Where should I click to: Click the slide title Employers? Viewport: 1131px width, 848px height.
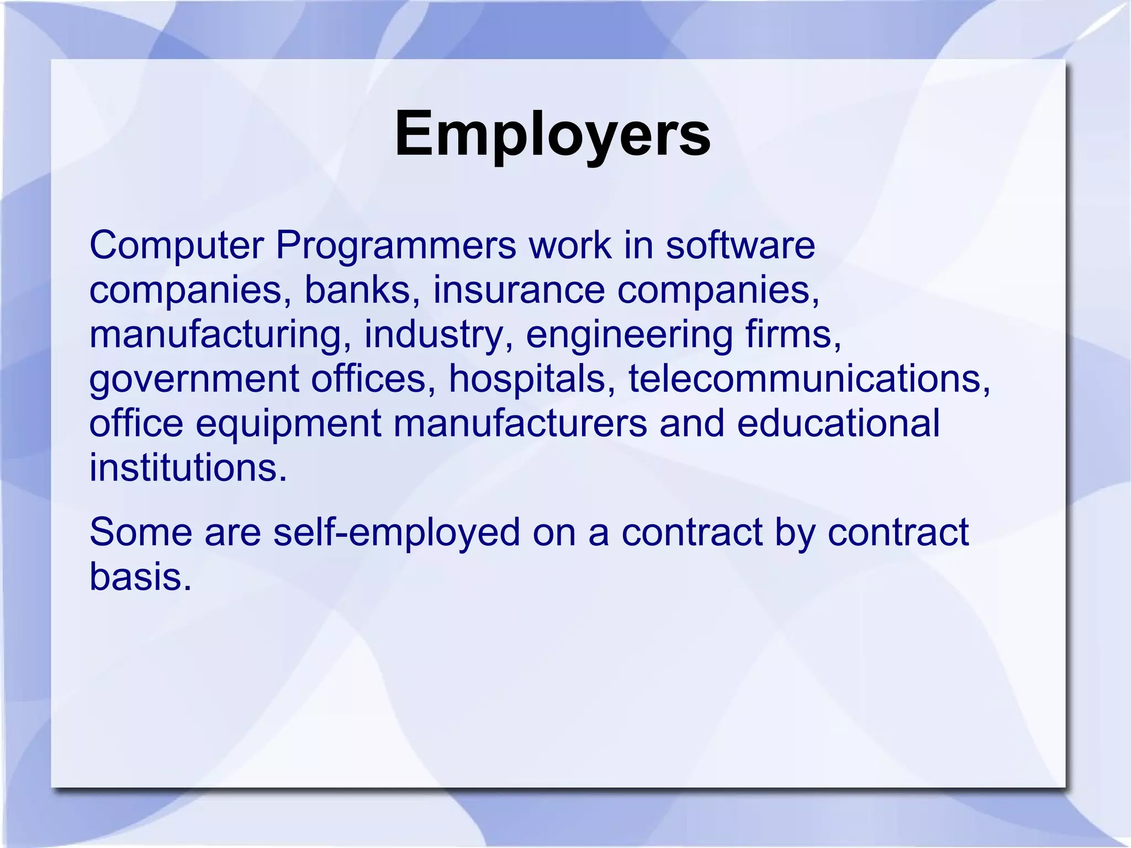[552, 134]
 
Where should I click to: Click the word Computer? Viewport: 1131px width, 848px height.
[176, 246]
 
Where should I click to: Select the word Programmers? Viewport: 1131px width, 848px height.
[395, 246]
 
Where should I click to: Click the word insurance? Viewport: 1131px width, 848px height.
[519, 289]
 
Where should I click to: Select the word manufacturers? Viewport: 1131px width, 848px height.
[520, 423]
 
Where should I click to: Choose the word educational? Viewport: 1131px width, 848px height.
[838, 423]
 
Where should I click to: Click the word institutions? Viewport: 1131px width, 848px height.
[188, 467]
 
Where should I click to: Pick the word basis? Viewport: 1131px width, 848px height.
[140, 577]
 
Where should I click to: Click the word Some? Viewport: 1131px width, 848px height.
[140, 533]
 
